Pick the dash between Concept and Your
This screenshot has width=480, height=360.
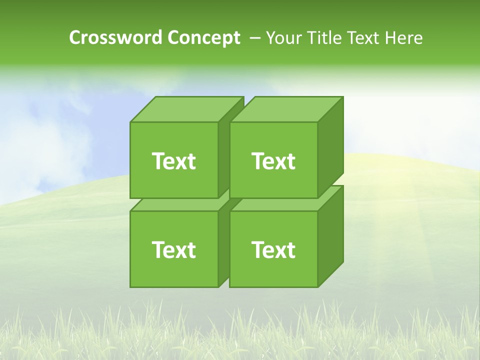click(254, 38)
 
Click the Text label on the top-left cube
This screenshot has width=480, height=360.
click(173, 161)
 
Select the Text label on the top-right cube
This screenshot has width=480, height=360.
click(273, 161)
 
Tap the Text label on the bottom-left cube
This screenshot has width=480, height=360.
click(173, 249)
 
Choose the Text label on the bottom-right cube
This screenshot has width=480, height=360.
click(273, 249)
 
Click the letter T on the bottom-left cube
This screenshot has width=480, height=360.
click(158, 249)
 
